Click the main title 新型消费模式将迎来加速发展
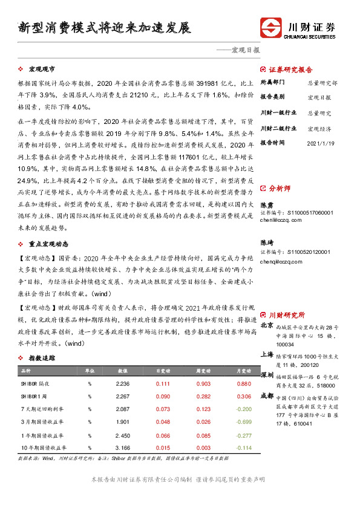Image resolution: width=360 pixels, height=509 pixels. pos(105,28)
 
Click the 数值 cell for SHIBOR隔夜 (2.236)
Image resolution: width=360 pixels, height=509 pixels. pos(122,384)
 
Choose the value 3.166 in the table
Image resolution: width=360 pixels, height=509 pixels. pos(122,447)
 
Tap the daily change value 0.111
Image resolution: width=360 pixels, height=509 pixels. pos(163,384)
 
